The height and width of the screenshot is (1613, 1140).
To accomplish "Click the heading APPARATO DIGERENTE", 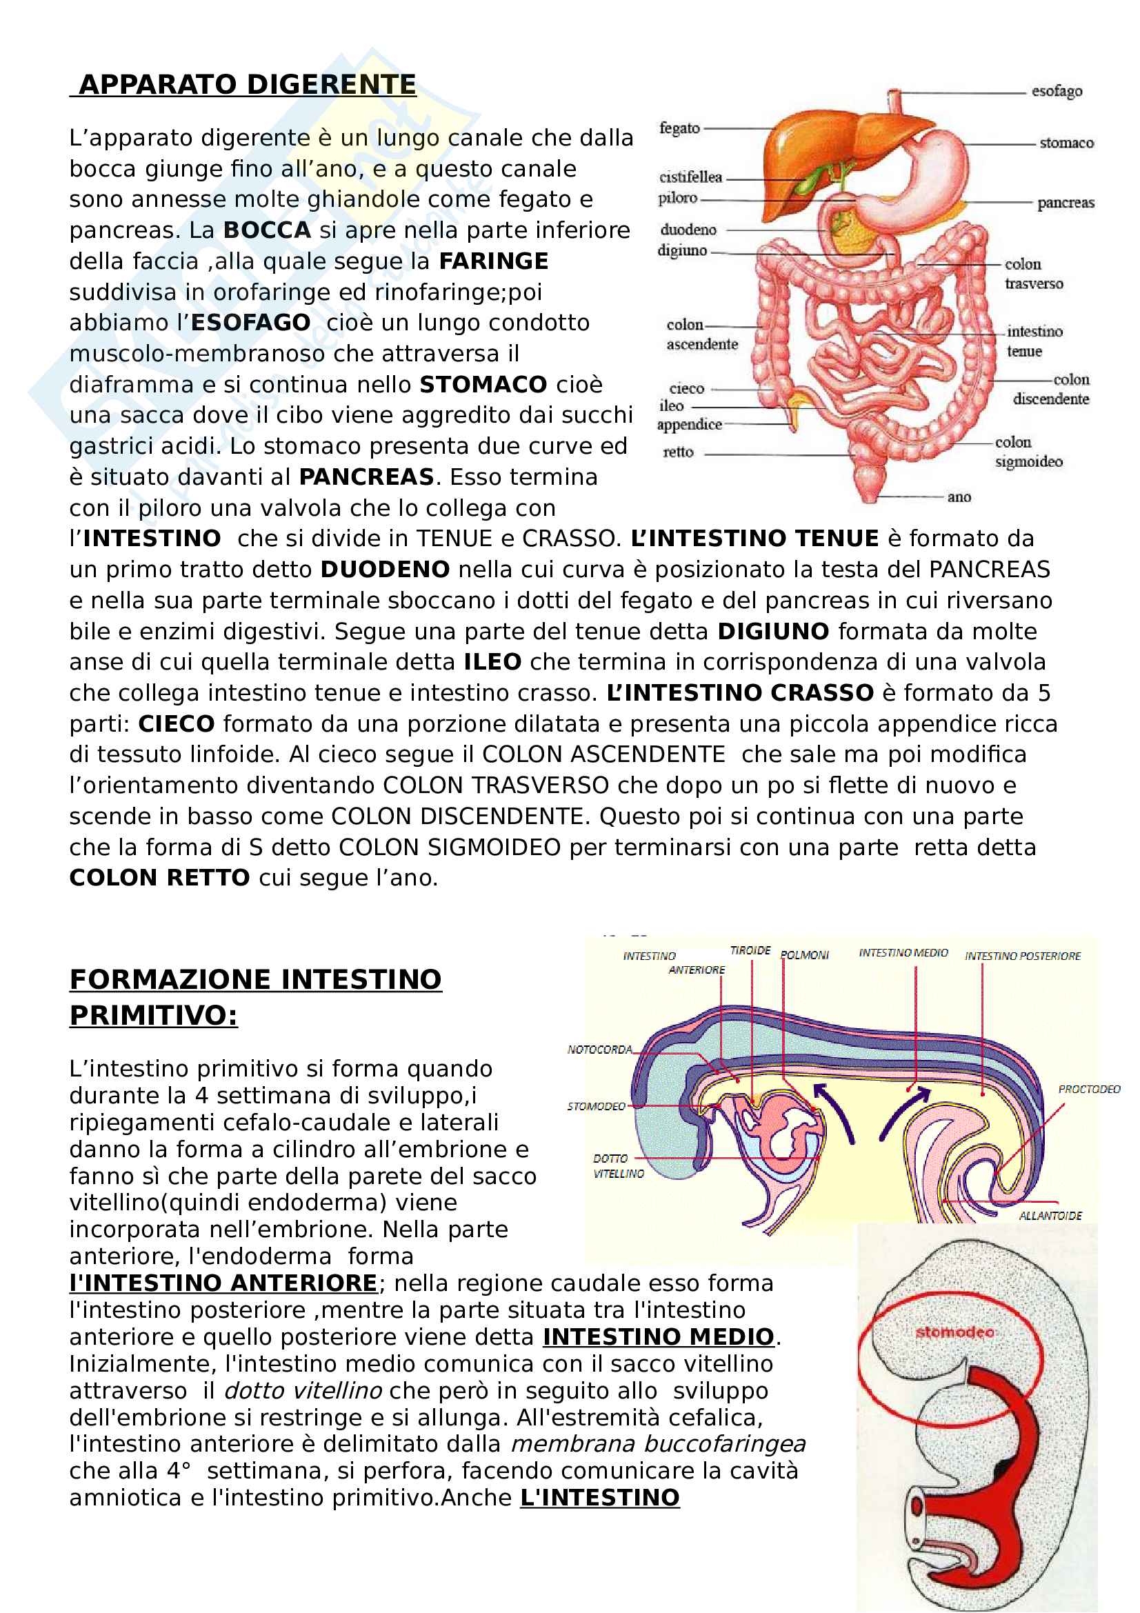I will tap(248, 85).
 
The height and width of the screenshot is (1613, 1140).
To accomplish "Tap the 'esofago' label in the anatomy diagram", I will tap(1056, 91).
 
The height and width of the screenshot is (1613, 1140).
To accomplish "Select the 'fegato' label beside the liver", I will tap(679, 128).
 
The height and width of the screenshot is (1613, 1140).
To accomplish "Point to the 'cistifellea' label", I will tap(690, 177).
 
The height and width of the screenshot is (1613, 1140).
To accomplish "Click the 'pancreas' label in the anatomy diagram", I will tap(1065, 203).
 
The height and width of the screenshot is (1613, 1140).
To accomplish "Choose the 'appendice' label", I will tap(689, 424).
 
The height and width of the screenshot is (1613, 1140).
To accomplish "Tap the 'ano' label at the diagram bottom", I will tap(959, 497).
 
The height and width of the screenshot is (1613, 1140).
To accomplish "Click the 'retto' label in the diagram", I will tap(678, 452).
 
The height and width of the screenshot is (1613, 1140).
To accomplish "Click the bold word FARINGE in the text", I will tap(493, 261).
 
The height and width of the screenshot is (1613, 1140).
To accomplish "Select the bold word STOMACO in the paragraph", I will tap(483, 385).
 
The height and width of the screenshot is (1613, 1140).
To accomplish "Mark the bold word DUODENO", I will tap(385, 570).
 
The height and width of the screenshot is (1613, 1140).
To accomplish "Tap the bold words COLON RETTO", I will tap(159, 878).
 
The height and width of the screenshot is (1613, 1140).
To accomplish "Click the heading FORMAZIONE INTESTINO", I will tap(256, 979).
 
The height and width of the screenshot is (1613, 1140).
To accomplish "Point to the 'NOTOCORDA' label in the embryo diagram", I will tap(600, 1050).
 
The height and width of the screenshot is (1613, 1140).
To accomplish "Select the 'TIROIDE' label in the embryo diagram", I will tap(750, 950).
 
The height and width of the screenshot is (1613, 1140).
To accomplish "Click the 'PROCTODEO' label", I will tap(1089, 1090).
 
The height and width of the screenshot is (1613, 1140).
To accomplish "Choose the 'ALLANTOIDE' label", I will tap(1050, 1216).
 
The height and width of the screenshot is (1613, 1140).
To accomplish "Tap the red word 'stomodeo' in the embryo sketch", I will tap(954, 1332).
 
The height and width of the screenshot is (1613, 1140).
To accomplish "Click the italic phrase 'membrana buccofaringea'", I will tap(658, 1445).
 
